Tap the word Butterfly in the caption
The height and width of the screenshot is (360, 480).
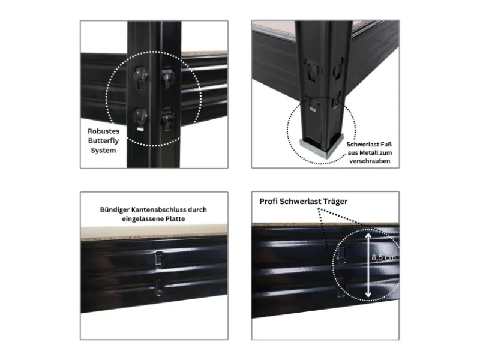click(103, 140)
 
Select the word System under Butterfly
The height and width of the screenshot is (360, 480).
click(103, 151)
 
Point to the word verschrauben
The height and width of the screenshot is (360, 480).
click(368, 161)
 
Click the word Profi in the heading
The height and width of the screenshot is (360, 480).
click(270, 202)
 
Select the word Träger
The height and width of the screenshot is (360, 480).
click(334, 202)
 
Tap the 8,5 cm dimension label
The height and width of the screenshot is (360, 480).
click(383, 257)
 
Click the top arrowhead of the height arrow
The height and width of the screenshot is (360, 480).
click(367, 236)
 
